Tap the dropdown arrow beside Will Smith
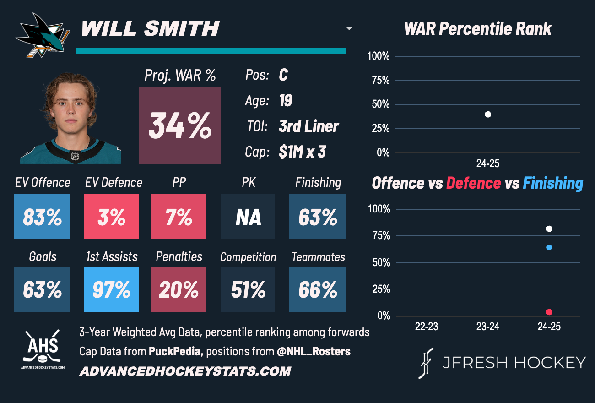349,28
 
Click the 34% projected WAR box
180,125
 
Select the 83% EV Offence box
42,217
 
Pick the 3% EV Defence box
111,217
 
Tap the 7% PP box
178,217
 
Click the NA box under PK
248,217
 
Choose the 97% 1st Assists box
111,289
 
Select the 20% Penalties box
178,289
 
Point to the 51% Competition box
248,289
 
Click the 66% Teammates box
318,289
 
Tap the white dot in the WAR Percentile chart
488,114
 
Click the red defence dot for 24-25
549,312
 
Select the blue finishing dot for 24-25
549,247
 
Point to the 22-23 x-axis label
427,327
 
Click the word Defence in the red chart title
473,183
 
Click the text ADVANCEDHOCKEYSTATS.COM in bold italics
185,371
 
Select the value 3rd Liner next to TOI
309,126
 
